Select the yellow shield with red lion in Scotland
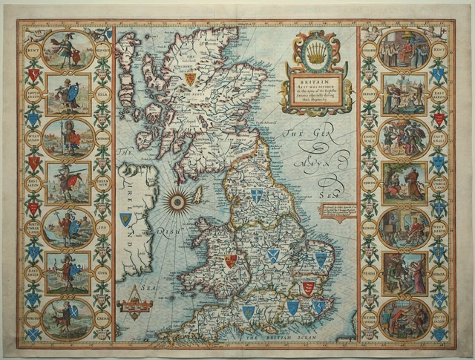tap(190, 78)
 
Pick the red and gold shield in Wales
tap(231, 261)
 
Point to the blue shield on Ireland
tap(125, 219)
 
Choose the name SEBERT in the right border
tap(369, 93)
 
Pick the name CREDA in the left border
tap(104, 314)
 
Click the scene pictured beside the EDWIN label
tap(404, 182)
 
